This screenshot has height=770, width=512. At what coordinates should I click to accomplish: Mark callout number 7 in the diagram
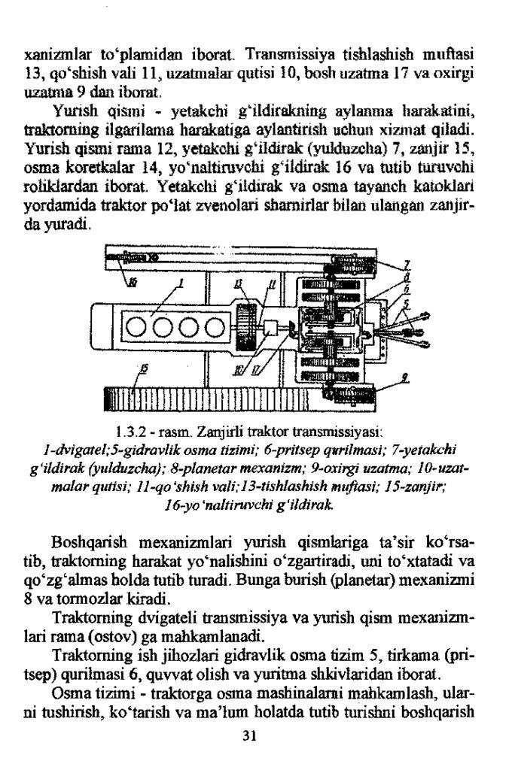click(407, 264)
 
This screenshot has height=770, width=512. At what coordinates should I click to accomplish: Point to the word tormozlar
click(118, 599)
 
